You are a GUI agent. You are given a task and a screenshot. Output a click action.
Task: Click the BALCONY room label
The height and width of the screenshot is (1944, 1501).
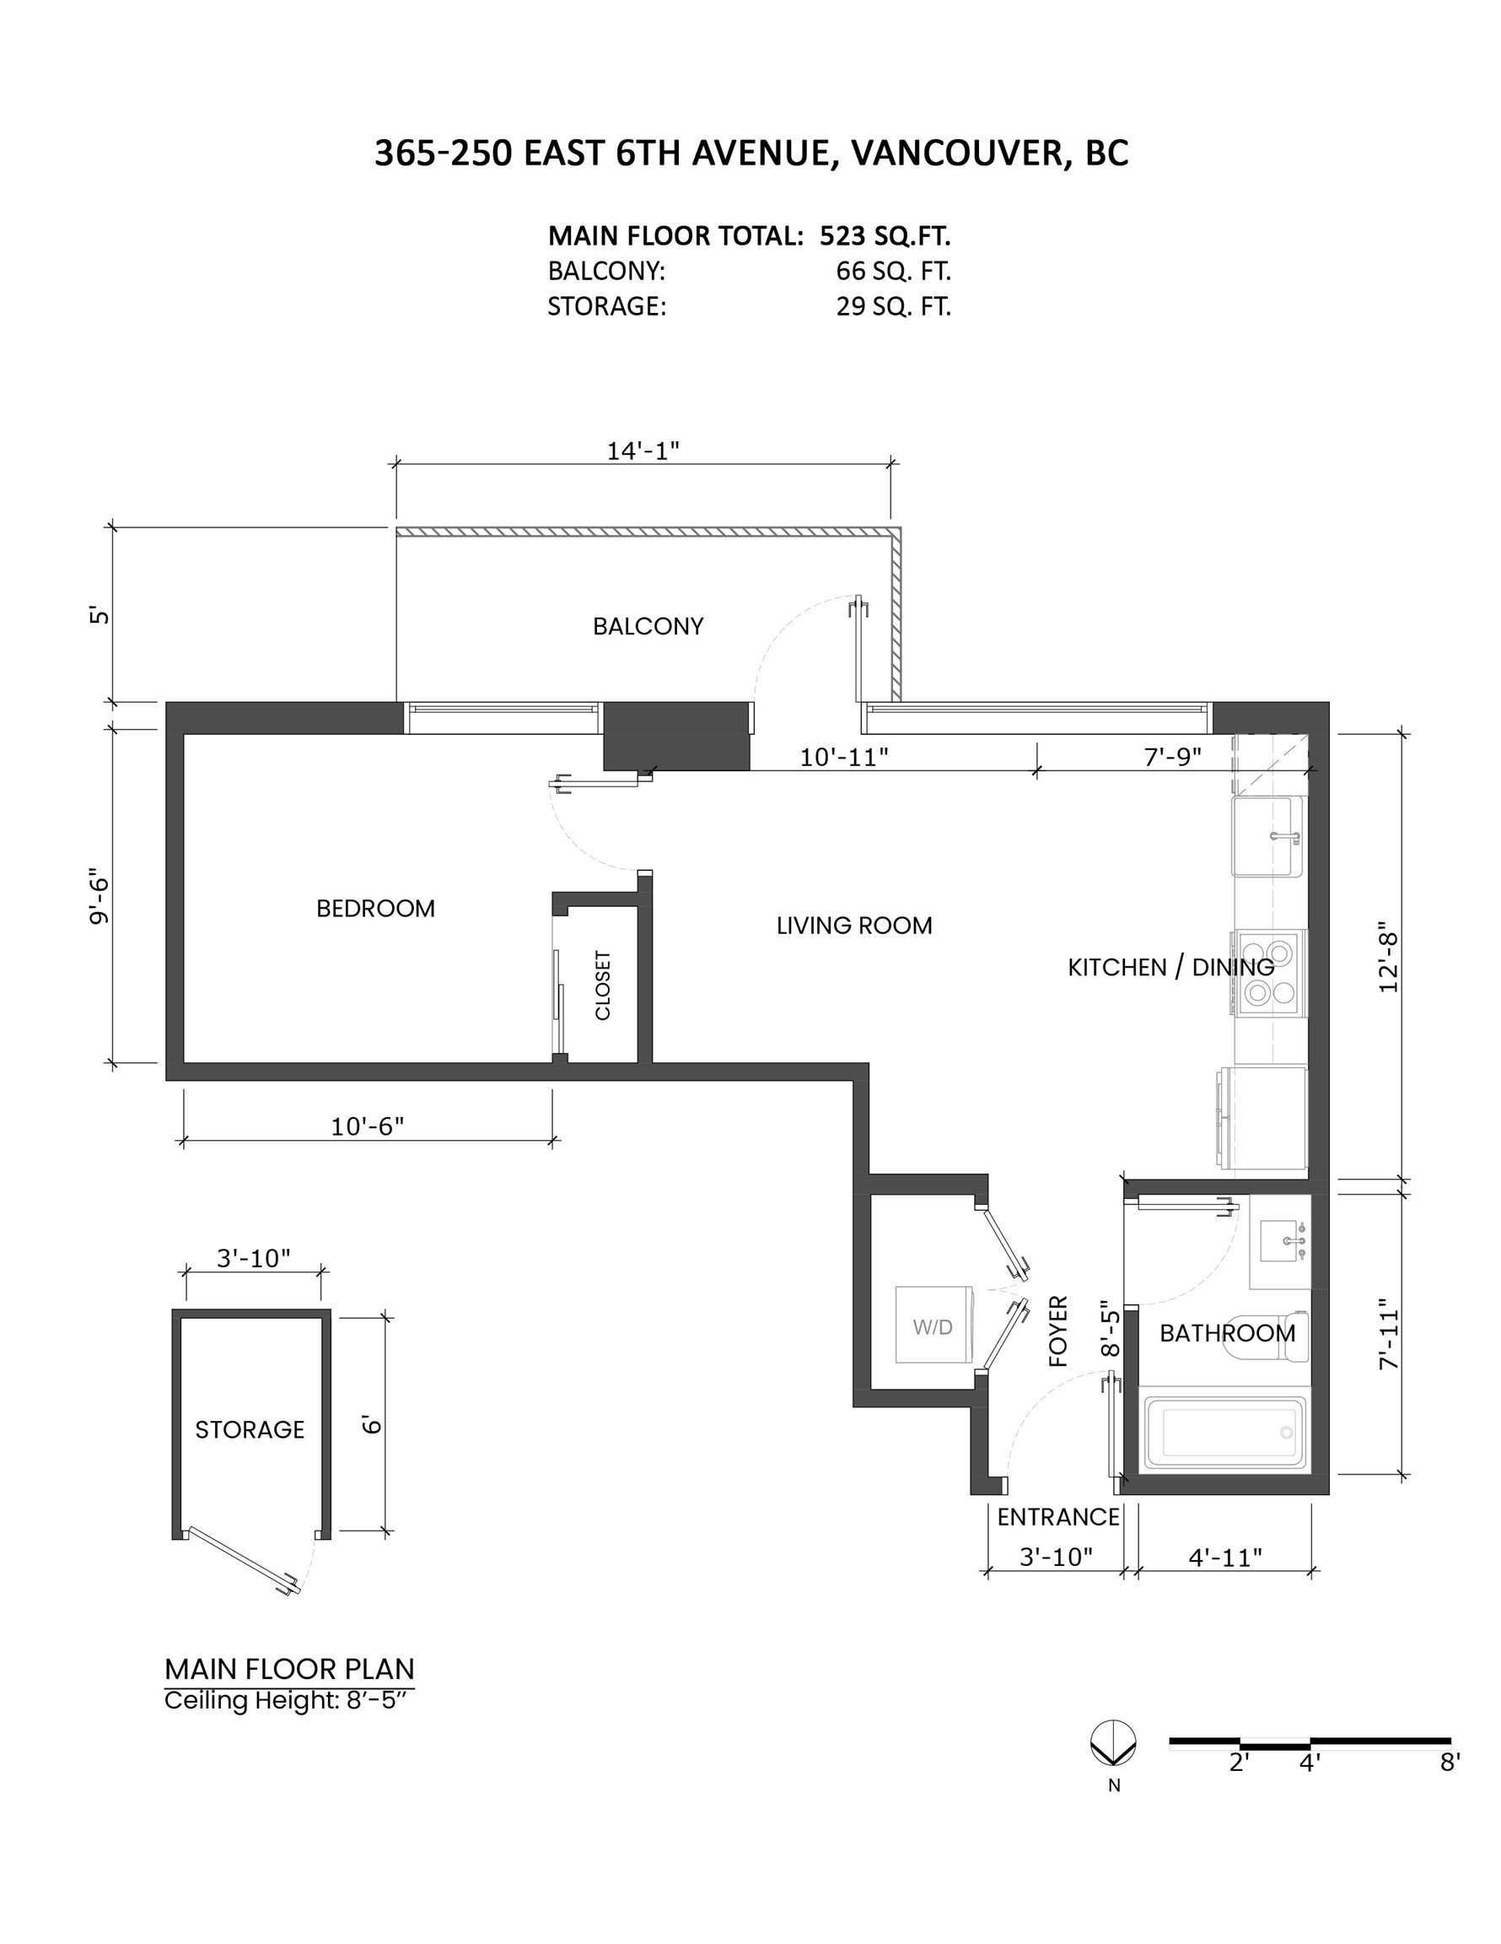point(648,627)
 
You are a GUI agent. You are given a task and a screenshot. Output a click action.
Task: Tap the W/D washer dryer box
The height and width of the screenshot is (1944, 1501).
point(933,1326)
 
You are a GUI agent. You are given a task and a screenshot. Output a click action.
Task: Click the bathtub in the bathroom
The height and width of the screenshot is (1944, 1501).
point(1226,1432)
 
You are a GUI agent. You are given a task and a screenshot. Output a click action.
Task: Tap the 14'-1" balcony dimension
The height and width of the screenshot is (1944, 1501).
point(643,451)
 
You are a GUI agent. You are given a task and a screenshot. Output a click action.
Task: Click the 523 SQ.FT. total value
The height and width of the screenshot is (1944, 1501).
point(885,236)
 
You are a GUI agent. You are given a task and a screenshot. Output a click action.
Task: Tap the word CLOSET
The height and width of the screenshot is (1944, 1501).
point(603,985)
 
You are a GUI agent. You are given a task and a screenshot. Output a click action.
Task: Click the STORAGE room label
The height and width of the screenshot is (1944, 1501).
point(250,1429)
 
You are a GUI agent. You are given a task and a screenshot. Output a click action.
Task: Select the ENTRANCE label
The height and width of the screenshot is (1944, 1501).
point(1057,1517)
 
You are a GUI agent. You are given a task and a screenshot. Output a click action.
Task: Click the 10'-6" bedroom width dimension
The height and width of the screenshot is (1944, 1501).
point(368,1127)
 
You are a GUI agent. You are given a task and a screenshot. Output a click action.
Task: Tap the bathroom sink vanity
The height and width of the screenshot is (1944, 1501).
point(1281,1241)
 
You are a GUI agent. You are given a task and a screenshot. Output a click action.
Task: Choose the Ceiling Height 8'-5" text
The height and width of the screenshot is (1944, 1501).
point(289,1701)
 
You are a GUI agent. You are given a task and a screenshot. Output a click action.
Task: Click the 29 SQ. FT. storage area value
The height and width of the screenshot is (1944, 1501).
point(892,307)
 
